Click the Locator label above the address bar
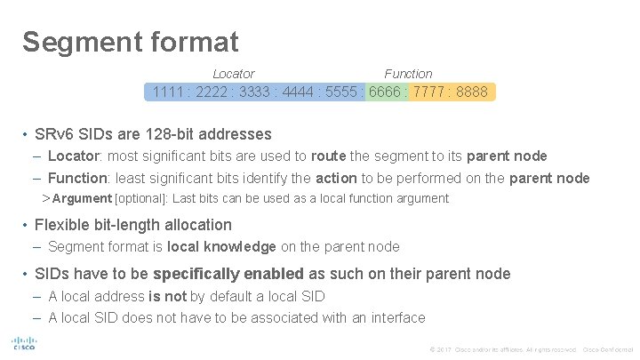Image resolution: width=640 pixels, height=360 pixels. tap(234, 74)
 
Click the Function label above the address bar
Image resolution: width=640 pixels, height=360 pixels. tap(408, 74)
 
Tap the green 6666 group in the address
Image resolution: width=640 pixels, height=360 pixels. tap(386, 92)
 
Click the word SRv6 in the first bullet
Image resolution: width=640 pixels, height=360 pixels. tap(52, 135)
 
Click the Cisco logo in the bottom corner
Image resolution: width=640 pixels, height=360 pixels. tap(22, 344)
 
